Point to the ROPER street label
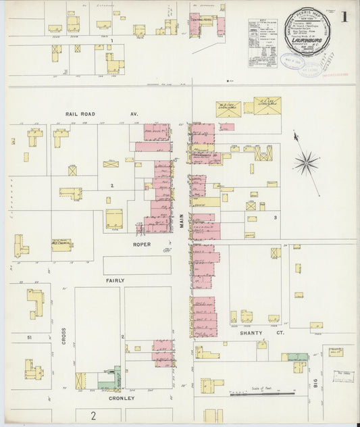(x=142, y=244)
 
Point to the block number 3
(x=276, y=218)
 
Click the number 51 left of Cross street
(x=29, y=336)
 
